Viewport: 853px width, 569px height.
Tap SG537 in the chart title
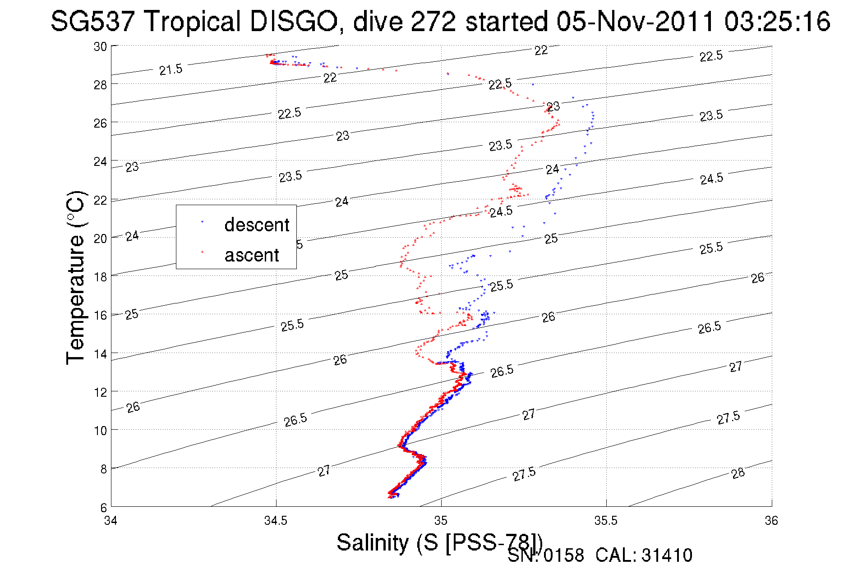click(x=95, y=22)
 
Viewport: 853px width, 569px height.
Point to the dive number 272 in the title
click(x=433, y=22)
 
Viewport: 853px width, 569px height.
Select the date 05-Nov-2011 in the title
click(x=635, y=22)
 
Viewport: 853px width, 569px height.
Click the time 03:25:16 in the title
click(x=777, y=22)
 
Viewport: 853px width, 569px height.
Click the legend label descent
click(x=257, y=225)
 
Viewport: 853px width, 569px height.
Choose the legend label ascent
click(x=252, y=255)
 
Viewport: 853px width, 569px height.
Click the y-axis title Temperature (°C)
click(x=76, y=277)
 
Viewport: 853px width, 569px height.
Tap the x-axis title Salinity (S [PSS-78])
click(x=439, y=542)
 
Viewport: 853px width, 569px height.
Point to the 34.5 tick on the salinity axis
click(x=276, y=521)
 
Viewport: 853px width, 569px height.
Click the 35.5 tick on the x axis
click(x=606, y=521)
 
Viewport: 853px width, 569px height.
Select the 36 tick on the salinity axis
click(x=771, y=521)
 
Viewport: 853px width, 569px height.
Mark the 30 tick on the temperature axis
click(x=100, y=46)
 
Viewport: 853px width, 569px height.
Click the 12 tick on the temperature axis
click(x=100, y=392)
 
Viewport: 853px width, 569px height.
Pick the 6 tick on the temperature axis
click(x=103, y=508)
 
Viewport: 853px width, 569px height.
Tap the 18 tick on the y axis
click(x=100, y=277)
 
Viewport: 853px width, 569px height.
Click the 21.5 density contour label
click(x=171, y=69)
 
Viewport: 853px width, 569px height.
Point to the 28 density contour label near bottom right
click(x=738, y=473)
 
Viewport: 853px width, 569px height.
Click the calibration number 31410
click(x=667, y=555)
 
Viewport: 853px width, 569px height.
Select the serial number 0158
click(x=564, y=555)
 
